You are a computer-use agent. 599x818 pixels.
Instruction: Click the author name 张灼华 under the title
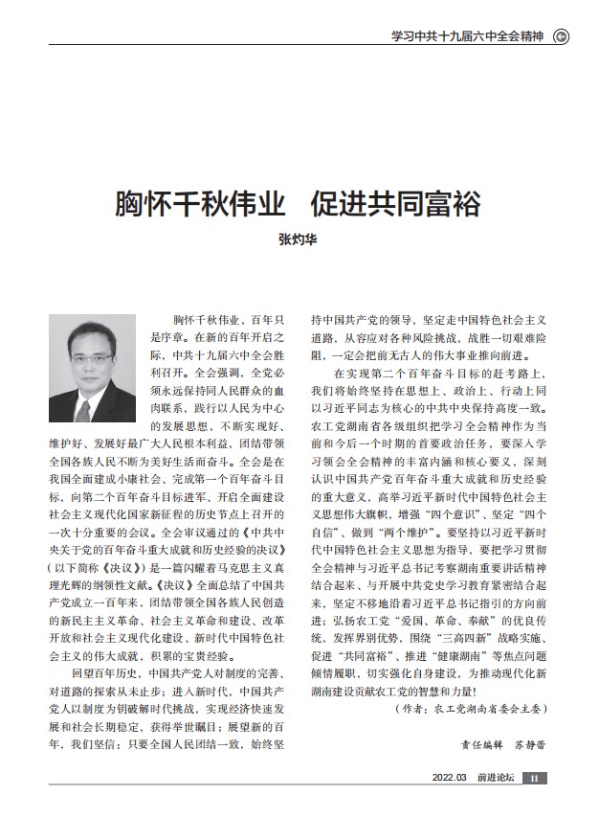pyautogui.click(x=299, y=241)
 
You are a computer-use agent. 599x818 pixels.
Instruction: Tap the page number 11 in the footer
pyautogui.click(x=537, y=778)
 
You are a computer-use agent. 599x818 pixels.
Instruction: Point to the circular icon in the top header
pyautogui.click(x=563, y=38)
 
